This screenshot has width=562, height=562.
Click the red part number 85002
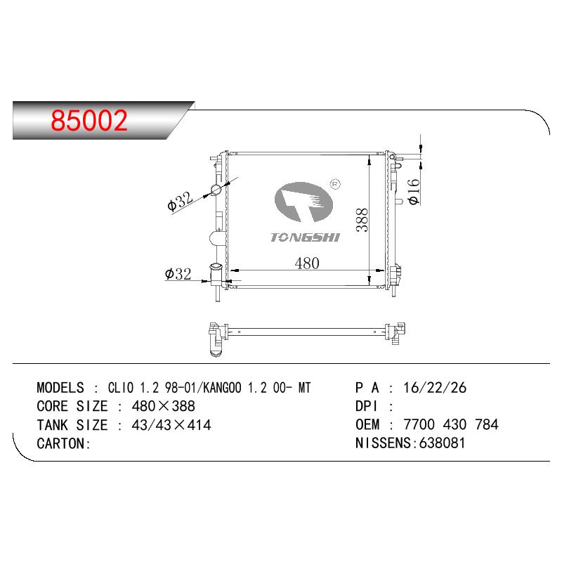[89, 120]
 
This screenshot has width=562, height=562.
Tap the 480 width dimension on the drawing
[307, 263]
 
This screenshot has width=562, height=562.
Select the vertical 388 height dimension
[362, 220]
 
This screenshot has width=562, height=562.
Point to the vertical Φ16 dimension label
[414, 191]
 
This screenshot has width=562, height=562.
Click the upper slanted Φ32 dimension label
[181, 202]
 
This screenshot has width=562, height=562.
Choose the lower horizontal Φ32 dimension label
[178, 274]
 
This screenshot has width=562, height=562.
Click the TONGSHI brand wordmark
[305, 237]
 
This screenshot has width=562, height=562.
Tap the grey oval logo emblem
[303, 202]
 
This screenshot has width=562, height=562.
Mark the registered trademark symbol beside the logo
[334, 184]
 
